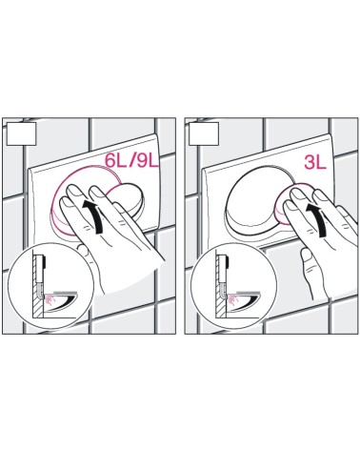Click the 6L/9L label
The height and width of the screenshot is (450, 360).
[x=131, y=160]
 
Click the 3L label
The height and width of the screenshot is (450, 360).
[x=315, y=162]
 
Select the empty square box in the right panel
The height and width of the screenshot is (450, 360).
[x=204, y=133]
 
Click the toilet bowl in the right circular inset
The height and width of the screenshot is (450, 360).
[x=245, y=301]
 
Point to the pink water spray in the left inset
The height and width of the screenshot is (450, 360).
[x=50, y=299]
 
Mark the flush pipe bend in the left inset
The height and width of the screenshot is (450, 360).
[x=39, y=292]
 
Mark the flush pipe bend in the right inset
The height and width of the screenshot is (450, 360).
[x=222, y=292]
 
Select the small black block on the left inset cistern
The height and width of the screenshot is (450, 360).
[x=46, y=262]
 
